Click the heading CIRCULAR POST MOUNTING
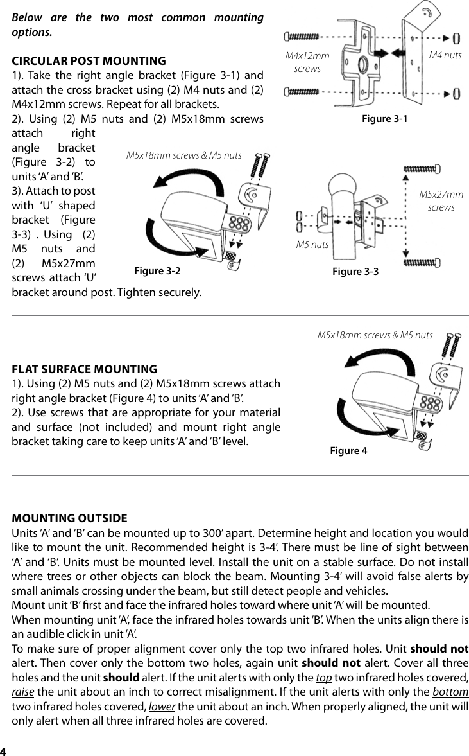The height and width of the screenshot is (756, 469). pyautogui.click(x=89, y=61)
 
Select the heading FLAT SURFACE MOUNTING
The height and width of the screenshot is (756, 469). pyautogui.click(x=85, y=369)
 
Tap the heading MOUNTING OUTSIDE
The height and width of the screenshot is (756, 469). pyautogui.click(x=70, y=518)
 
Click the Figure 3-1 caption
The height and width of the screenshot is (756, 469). pyautogui.click(x=384, y=119)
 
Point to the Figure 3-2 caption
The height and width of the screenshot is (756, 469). pyautogui.click(x=157, y=271)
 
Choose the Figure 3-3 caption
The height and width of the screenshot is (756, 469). pyautogui.click(x=355, y=272)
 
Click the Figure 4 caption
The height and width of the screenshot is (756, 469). pyautogui.click(x=348, y=451)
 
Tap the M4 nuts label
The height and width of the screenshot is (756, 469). pyautogui.click(x=445, y=55)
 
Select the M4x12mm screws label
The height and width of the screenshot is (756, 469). pyautogui.click(x=307, y=62)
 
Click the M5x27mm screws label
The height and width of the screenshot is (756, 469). pyautogui.click(x=441, y=200)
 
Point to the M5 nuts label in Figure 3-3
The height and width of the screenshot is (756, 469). pyautogui.click(x=312, y=244)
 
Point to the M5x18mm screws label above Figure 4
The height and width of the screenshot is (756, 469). pyautogui.click(x=375, y=335)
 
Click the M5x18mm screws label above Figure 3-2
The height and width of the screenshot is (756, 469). pyautogui.click(x=183, y=155)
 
